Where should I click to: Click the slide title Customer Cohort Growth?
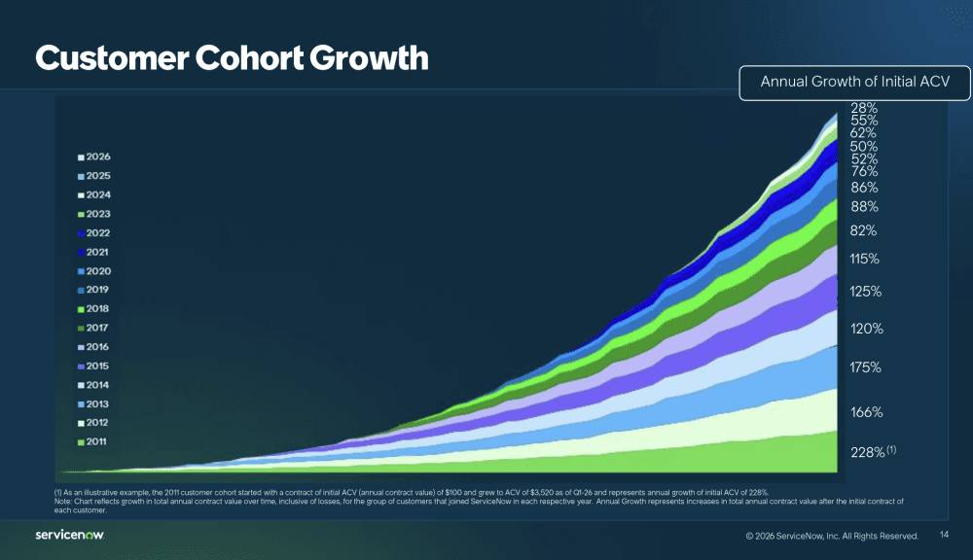point(232,58)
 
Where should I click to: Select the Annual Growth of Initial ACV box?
point(855,83)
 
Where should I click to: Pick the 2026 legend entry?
point(95,157)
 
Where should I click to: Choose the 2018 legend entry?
point(95,309)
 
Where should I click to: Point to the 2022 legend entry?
point(95,233)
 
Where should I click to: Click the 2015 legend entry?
point(95,367)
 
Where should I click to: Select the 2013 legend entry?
point(95,404)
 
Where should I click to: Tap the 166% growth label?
point(866,412)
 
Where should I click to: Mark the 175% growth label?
point(865,367)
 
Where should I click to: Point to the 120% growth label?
point(866,329)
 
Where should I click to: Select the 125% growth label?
point(865,291)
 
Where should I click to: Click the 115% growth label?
point(864,259)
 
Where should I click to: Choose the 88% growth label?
point(864,206)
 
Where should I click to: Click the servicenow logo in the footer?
point(69,535)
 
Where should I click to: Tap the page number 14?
point(945,535)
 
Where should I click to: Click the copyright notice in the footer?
point(832,536)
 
